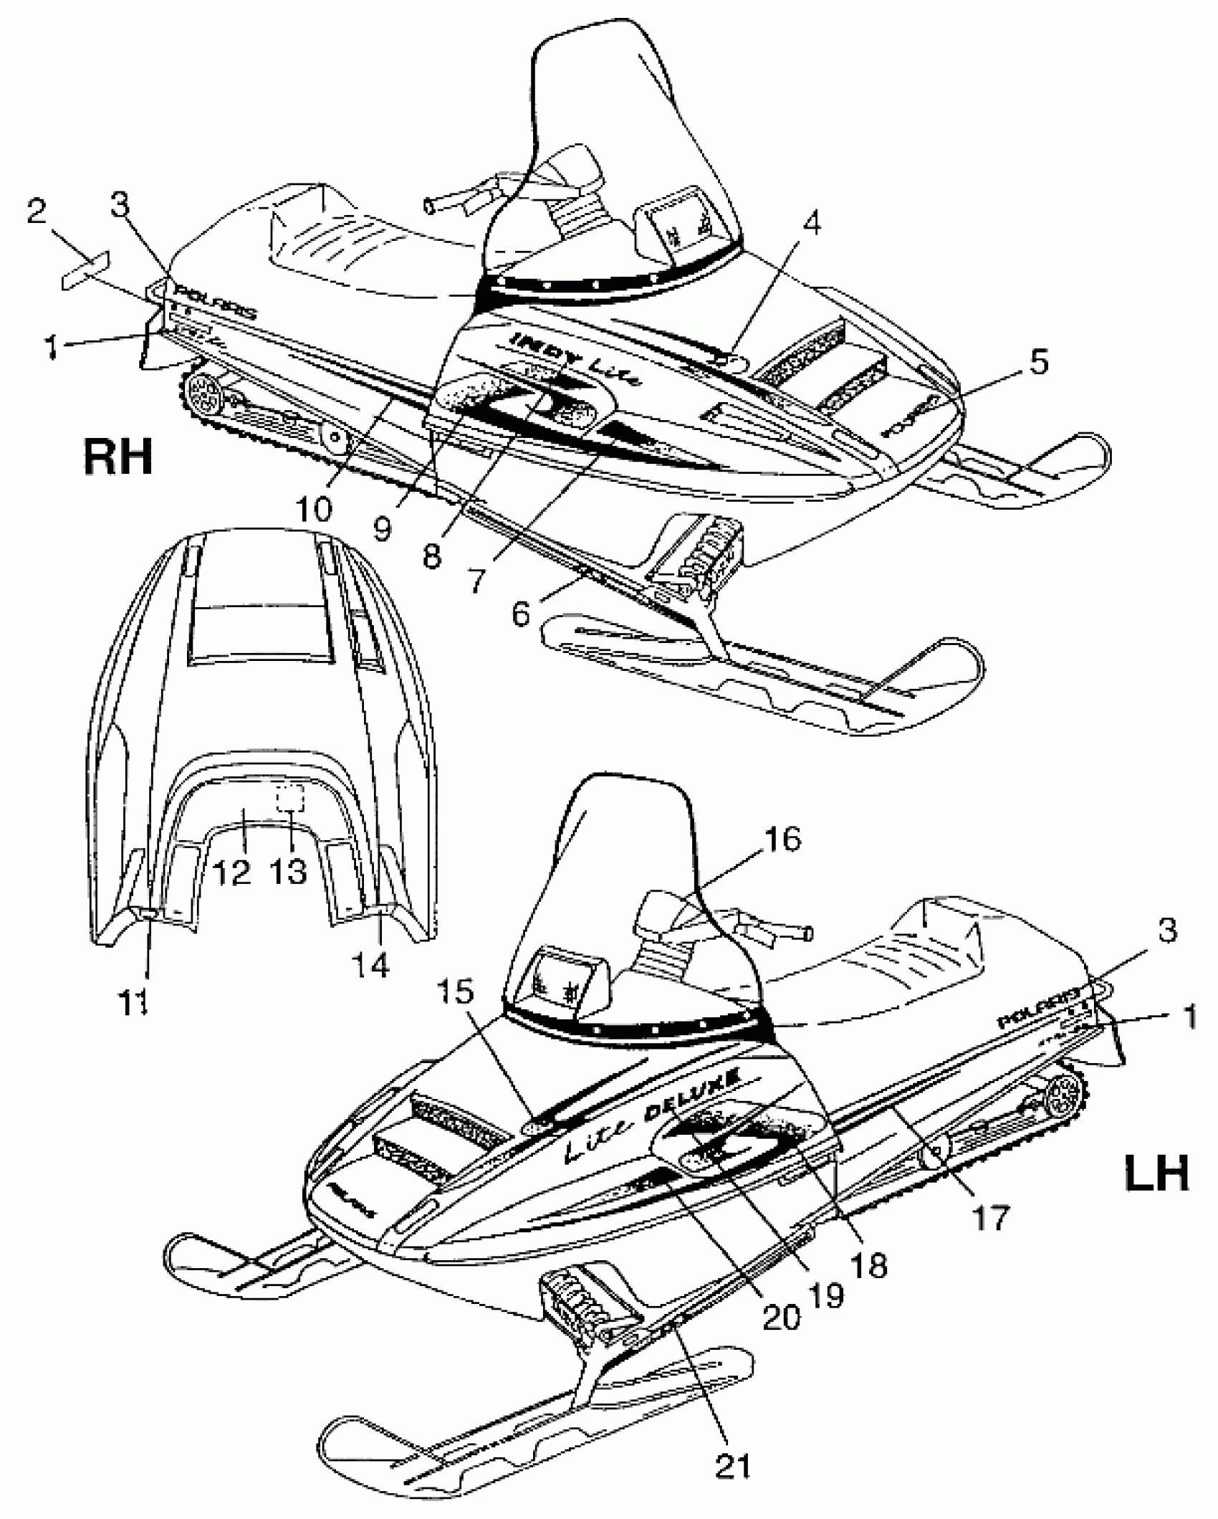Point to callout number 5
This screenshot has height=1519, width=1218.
pos(1032,363)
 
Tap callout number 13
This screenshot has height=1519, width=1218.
pos(289,872)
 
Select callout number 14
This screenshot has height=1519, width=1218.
pos(372,965)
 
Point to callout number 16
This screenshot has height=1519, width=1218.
pos(783,839)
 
